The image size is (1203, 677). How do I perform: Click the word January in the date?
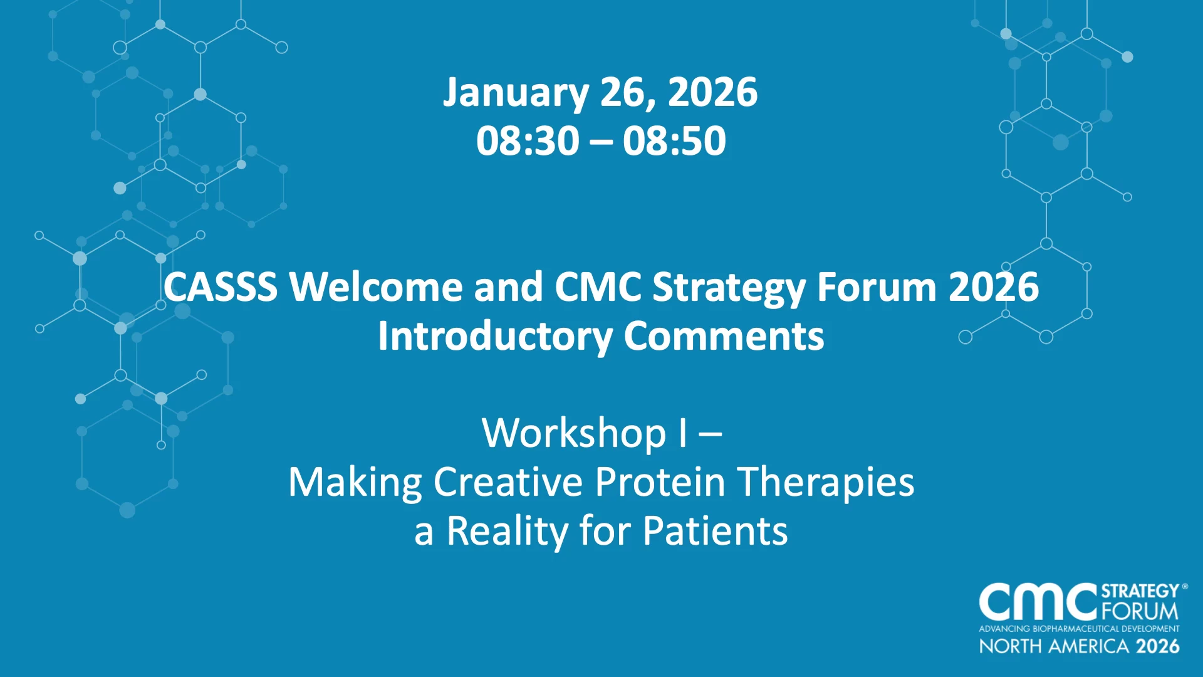pyautogui.click(x=516, y=93)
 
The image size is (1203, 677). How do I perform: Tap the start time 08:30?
pyautogui.click(x=528, y=140)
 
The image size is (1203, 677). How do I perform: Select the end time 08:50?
pyautogui.click(x=674, y=140)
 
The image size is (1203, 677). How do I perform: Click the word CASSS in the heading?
pyautogui.click(x=221, y=287)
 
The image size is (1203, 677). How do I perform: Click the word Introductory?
pyautogui.click(x=495, y=337)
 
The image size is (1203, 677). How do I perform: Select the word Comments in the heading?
pyautogui.click(x=724, y=337)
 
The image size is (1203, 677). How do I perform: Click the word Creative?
pyautogui.click(x=508, y=482)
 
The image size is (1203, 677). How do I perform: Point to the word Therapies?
pyautogui.click(x=825, y=483)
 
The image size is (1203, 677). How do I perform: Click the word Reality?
pyautogui.click(x=507, y=532)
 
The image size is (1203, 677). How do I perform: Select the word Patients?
pyautogui.click(x=715, y=531)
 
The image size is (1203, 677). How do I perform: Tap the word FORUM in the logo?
pyautogui.click(x=1140, y=611)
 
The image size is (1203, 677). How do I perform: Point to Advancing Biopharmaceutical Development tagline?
pyautogui.click(x=1080, y=629)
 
